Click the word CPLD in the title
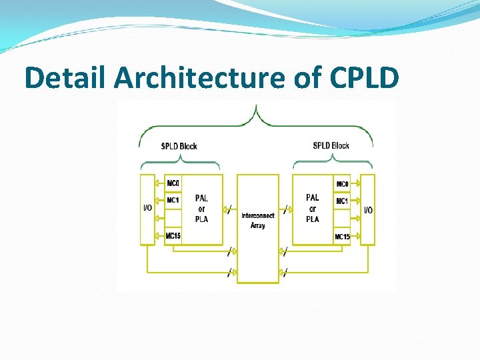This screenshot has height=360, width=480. point(364,78)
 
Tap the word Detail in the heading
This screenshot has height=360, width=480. point(66,78)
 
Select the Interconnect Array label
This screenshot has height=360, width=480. point(258,221)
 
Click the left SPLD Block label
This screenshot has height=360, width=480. point(179,146)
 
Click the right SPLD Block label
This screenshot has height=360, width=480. point(331,145)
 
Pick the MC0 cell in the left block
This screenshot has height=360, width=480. point(173,183)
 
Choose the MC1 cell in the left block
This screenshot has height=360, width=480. point(173,201)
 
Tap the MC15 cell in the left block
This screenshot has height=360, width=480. point(173,235)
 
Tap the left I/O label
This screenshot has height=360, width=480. point(148,208)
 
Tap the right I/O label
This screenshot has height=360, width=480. point(367,210)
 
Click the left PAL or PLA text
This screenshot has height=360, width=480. point(201,208)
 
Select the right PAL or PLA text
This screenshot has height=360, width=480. point(313,208)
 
